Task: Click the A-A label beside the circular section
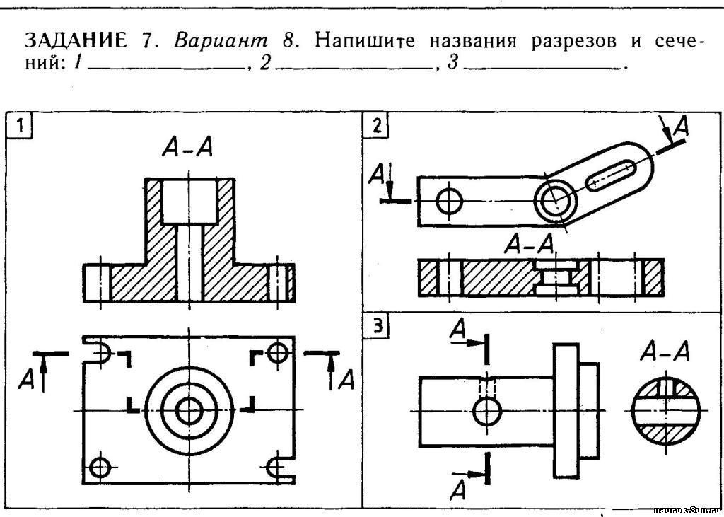coord(665,352)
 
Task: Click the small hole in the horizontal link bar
coord(449,202)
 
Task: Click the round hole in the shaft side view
coord(486,412)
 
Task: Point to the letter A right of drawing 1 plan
coord(346,380)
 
